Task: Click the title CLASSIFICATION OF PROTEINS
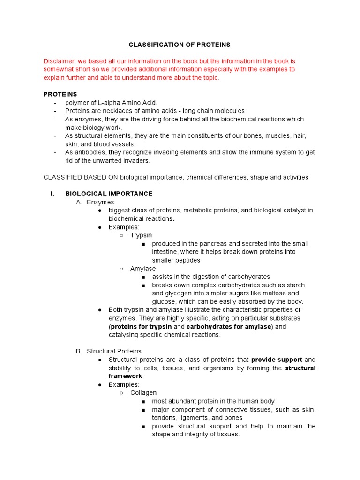(x=180, y=45)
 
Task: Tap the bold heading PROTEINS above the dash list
(x=60, y=94)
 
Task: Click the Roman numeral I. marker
(x=53, y=194)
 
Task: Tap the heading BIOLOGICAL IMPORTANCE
(x=109, y=194)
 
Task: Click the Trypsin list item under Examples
(x=141, y=235)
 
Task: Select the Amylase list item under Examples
(x=143, y=269)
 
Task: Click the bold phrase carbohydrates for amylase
(x=229, y=327)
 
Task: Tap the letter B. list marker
(x=79, y=351)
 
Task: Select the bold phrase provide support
(x=277, y=360)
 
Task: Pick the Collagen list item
(x=143, y=393)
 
